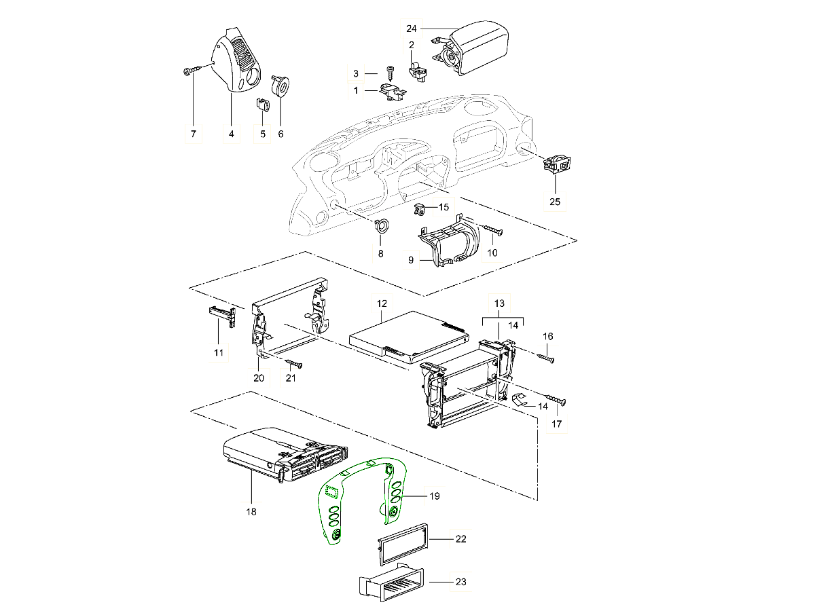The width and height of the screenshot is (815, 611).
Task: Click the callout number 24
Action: [x=411, y=29]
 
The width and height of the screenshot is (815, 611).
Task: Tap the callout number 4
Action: [x=231, y=134]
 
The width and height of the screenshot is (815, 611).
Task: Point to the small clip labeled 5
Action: [x=263, y=106]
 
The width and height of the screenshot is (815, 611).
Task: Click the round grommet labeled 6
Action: [x=280, y=86]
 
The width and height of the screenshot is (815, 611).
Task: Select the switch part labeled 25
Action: [x=557, y=164]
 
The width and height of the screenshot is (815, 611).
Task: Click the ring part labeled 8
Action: [x=382, y=226]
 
